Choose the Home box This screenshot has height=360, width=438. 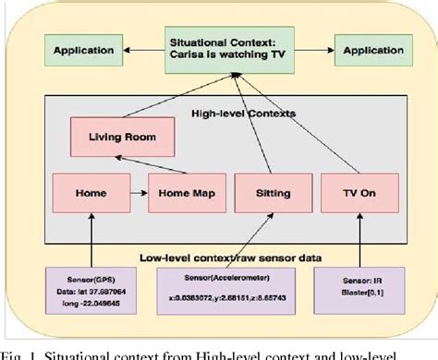pos(84,195)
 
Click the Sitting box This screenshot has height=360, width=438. pos(265,195)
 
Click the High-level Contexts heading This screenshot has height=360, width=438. pos(224,113)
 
